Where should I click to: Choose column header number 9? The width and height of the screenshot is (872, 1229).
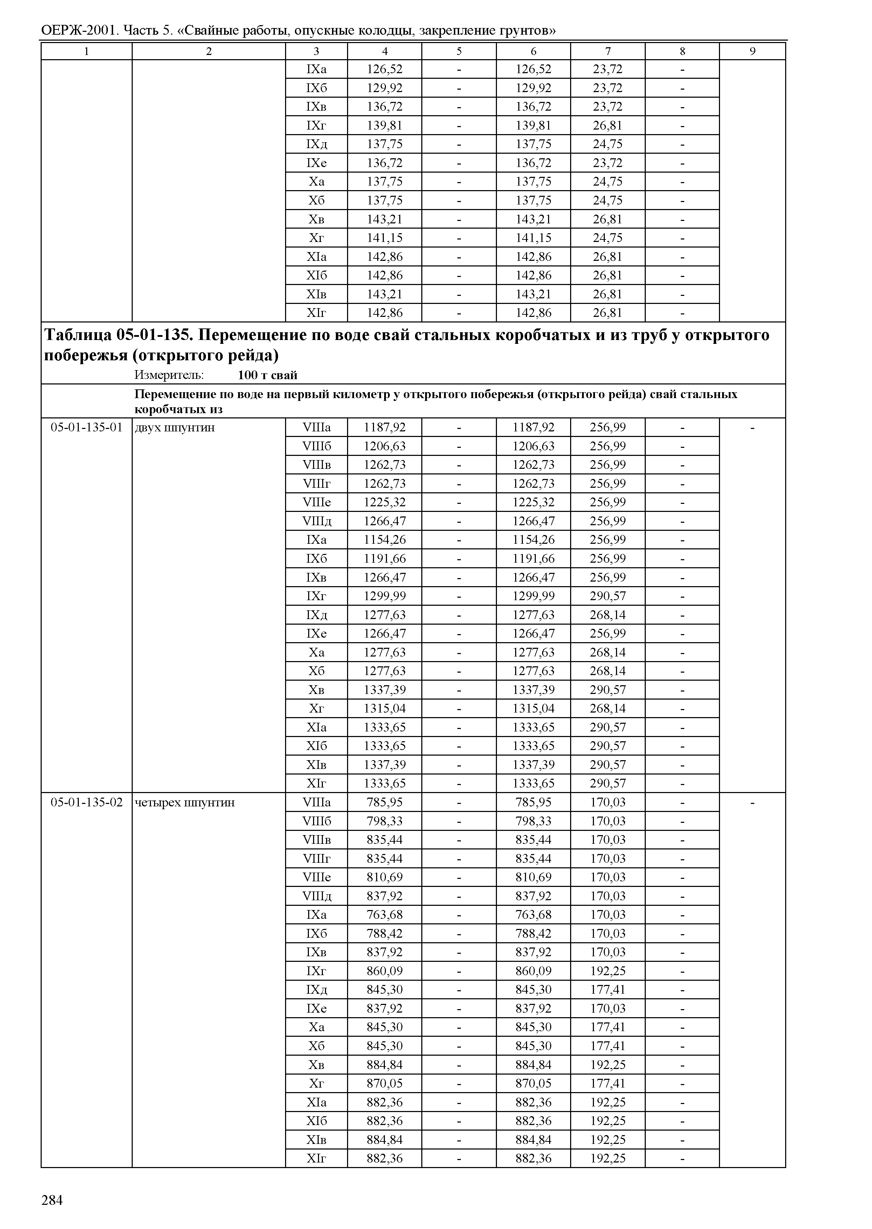(752, 51)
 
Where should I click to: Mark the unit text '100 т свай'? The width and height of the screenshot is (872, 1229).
(268, 375)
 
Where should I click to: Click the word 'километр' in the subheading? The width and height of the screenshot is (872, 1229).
(362, 395)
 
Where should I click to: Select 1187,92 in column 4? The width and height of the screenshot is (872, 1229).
(385, 428)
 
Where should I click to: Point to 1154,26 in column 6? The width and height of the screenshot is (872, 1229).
(533, 540)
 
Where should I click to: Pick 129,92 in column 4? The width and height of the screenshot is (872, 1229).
(385, 88)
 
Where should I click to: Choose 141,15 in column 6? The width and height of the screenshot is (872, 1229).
(533, 238)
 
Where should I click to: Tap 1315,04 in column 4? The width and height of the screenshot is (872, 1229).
(385, 708)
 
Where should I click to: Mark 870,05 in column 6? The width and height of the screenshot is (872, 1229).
(533, 1083)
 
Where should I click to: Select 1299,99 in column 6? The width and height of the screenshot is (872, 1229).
(533, 596)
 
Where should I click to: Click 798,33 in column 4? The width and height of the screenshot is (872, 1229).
(385, 821)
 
